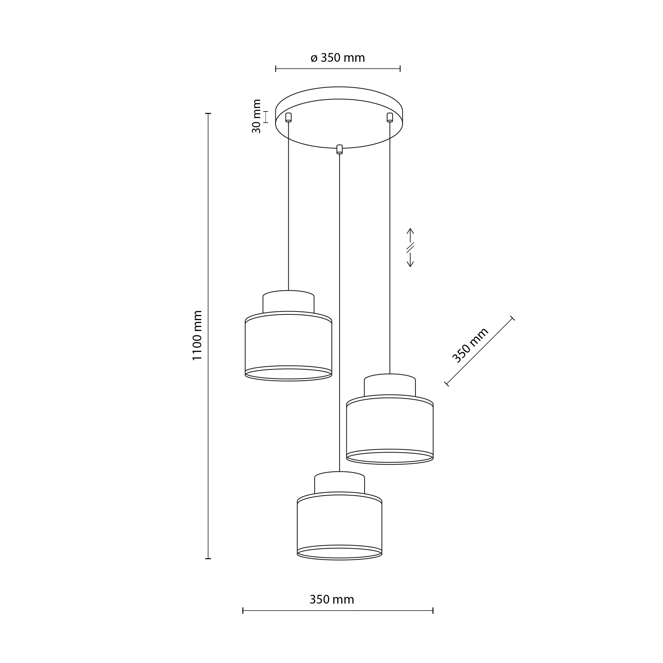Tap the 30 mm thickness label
tap(256, 116)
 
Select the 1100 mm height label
tap(197, 335)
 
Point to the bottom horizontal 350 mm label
tap(331, 600)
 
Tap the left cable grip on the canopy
tap(288, 117)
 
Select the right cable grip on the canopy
tap(390, 117)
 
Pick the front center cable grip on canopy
tap(339, 149)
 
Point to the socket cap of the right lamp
tap(390, 385)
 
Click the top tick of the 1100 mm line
tap(208, 113)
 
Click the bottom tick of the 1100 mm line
tap(208, 559)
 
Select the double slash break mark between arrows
tap(410, 247)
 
